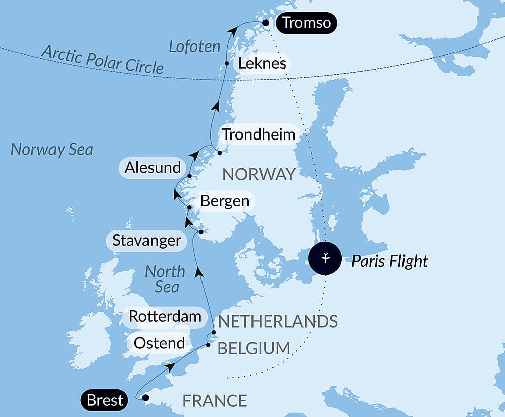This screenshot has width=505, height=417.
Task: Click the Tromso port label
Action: tap(307, 23)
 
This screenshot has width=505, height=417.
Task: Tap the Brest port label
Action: tap(105, 400)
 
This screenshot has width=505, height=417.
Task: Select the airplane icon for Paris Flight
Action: tap(326, 259)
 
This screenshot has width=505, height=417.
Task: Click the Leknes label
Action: tap(262, 64)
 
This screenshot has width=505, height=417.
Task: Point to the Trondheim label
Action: tap(259, 135)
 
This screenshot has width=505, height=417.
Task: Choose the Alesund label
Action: tap(153, 168)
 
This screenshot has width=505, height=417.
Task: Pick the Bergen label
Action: tap(225, 201)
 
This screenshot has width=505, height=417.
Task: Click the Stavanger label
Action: tap(146, 240)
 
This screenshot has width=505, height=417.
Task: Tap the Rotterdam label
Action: tap(165, 317)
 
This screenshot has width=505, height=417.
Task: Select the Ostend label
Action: tap(159, 343)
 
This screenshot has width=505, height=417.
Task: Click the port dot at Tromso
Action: tap(266, 23)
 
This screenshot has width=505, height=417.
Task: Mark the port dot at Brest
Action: tap(146, 398)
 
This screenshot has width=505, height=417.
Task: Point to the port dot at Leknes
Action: tap(227, 64)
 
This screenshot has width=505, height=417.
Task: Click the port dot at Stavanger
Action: tap(200, 232)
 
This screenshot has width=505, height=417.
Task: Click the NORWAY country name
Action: tap(259, 174)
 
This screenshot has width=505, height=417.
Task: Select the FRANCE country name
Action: tap(215, 401)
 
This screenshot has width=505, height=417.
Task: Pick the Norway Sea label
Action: tap(52, 150)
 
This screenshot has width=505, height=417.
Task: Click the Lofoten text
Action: tap(194, 47)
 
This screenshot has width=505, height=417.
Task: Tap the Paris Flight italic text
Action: tap(389, 261)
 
